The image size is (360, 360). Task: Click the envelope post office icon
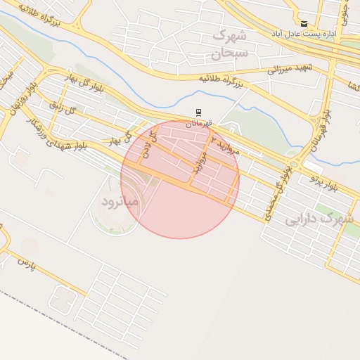pyautogui.click(x=304, y=24)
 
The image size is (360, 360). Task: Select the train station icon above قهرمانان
pyautogui.click(x=199, y=112)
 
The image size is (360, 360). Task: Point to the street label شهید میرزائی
pyautogui.click(x=289, y=68)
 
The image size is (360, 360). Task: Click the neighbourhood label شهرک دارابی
pyautogui.click(x=319, y=219)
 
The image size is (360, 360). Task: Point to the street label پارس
pyautogui.click(x=26, y=264)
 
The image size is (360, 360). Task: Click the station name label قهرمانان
pyautogui.click(x=199, y=123)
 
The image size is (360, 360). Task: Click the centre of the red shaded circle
pyautogui.click(x=180, y=179)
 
